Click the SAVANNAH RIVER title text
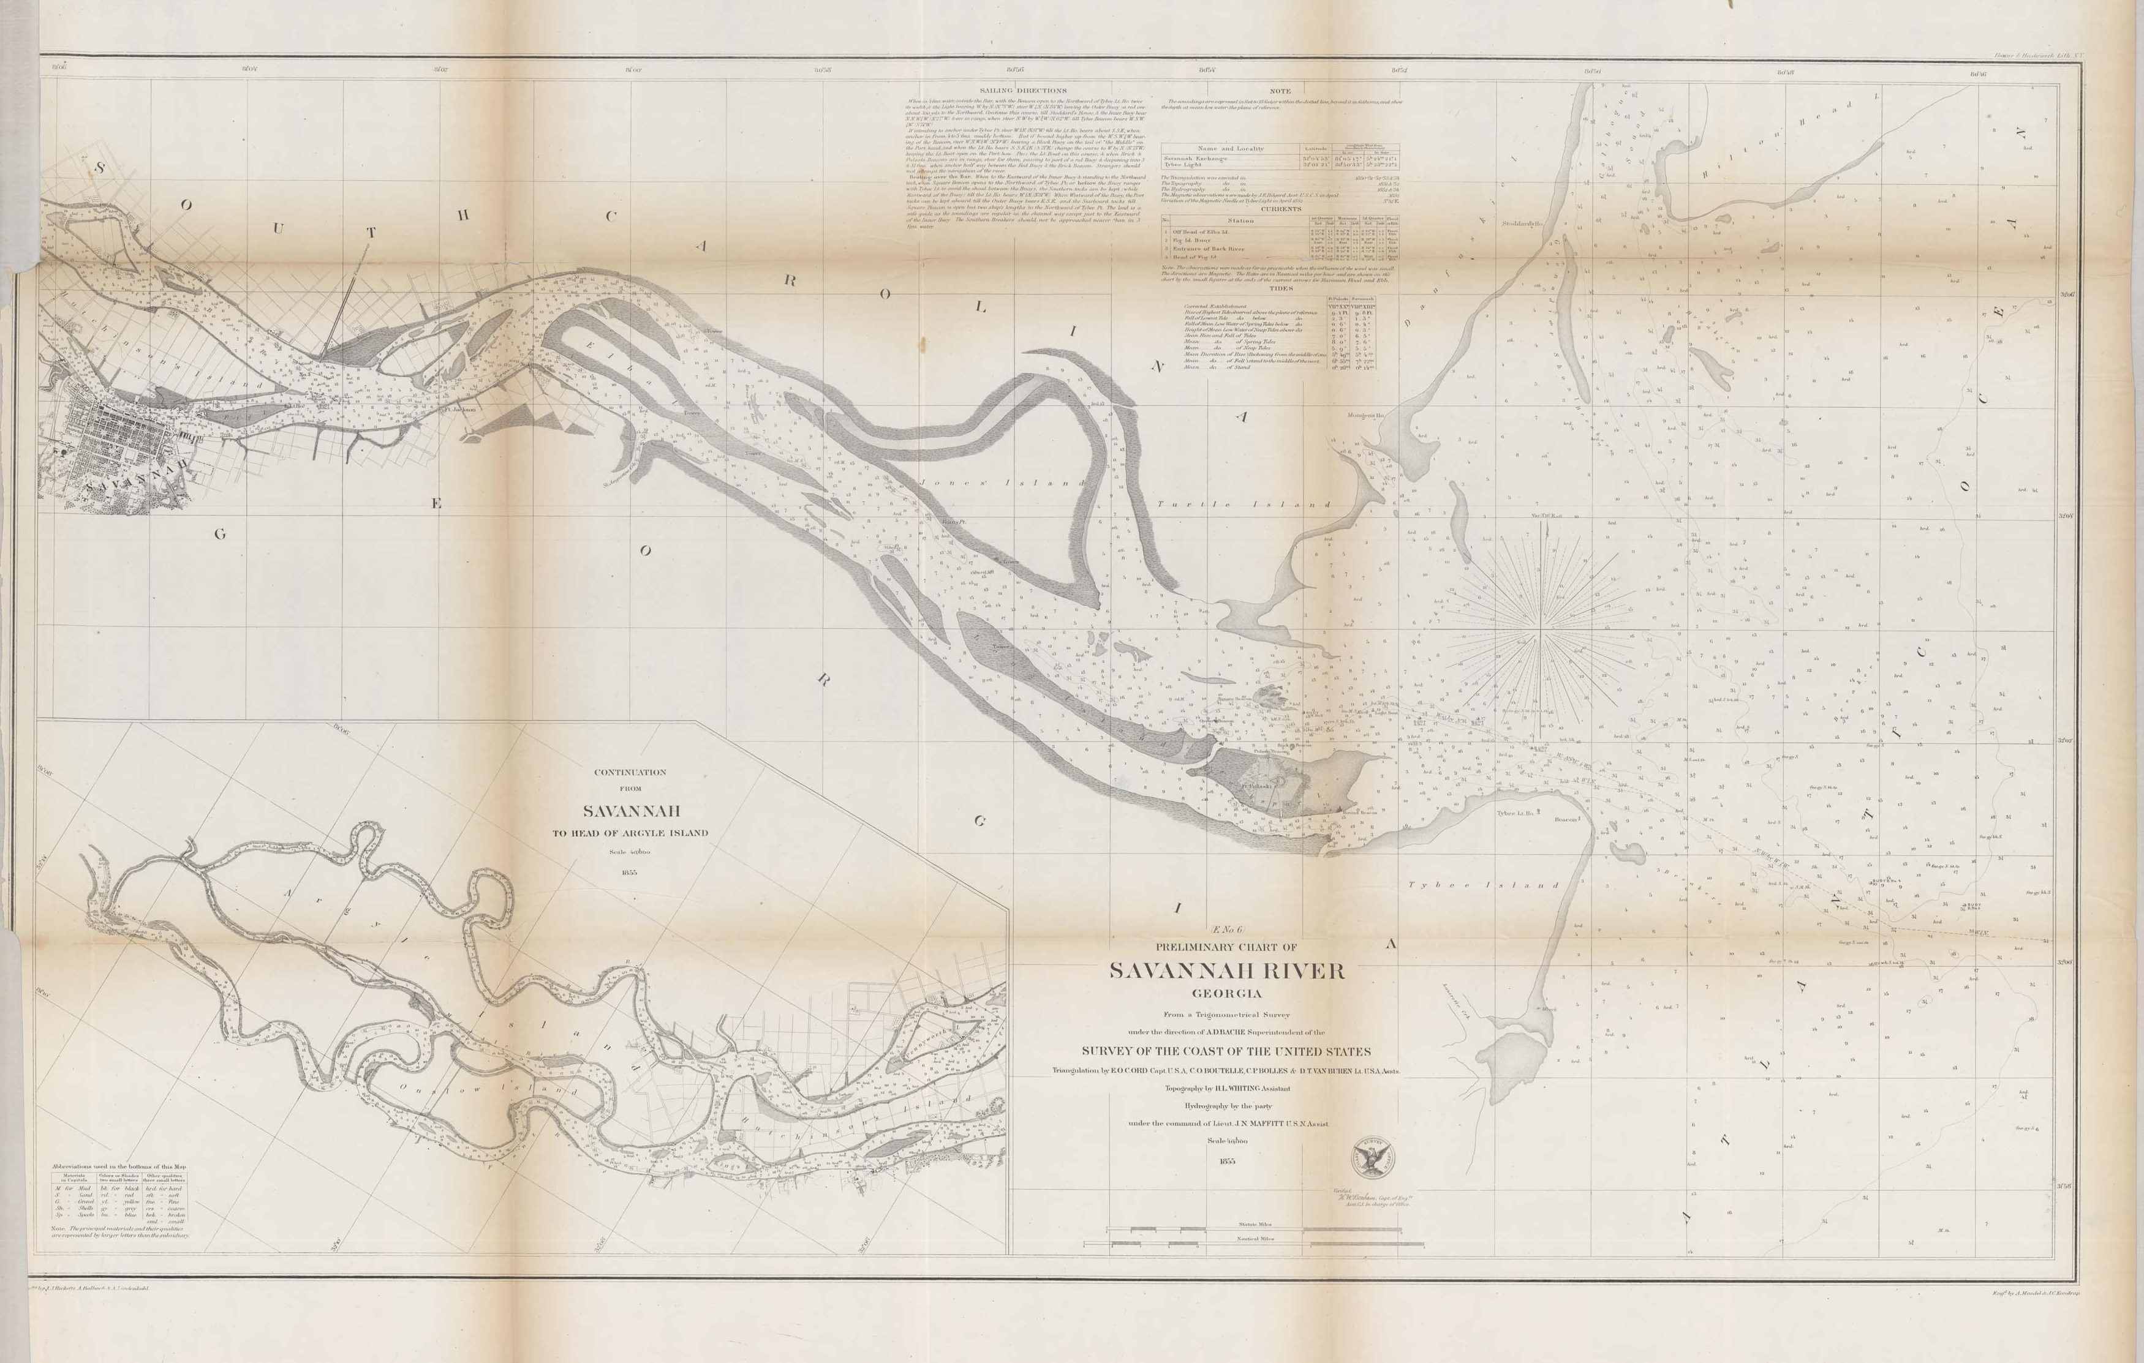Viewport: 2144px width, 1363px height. (1228, 971)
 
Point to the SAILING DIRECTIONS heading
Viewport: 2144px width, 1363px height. (1022, 90)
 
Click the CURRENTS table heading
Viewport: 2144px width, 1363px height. (1280, 209)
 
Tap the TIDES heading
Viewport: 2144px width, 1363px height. (1280, 288)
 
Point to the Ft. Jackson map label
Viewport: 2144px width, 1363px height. (460, 410)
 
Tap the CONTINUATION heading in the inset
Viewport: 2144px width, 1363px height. (630, 772)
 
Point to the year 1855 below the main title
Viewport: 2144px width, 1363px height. (1227, 1161)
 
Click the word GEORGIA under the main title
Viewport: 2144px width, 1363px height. (1228, 994)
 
